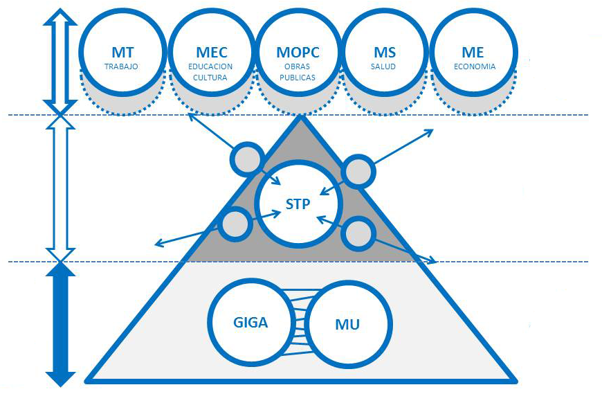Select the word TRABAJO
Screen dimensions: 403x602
click(x=122, y=67)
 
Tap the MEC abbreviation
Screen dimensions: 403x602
click(x=211, y=53)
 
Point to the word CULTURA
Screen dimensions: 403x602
click(x=211, y=78)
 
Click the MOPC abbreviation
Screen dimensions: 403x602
click(x=299, y=53)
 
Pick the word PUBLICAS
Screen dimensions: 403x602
click(x=299, y=78)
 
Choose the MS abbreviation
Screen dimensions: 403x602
click(x=386, y=53)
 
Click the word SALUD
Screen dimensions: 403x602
click(x=386, y=67)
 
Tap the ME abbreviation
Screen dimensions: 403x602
click(x=474, y=53)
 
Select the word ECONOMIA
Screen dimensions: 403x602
click(x=474, y=67)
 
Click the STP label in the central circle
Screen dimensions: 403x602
click(x=298, y=204)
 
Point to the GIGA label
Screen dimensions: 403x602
click(x=250, y=323)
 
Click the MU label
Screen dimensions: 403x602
click(x=347, y=324)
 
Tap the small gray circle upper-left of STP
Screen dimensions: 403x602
click(x=246, y=159)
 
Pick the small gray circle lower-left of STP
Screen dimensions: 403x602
click(x=235, y=224)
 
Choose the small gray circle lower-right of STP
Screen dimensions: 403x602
click(x=358, y=235)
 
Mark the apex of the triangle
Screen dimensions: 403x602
click(x=301, y=118)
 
